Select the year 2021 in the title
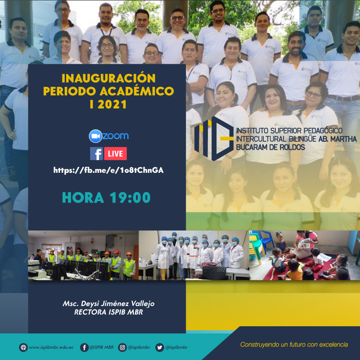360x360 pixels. pos(112,105)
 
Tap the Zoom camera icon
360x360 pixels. pos(95,136)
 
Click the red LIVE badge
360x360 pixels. pos(115,153)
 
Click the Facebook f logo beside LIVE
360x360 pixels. pos(96,153)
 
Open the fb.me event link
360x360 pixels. pos(108,171)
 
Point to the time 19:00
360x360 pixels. pos(130,198)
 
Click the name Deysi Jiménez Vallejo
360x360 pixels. pos(117,304)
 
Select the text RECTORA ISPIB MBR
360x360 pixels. pos(108,312)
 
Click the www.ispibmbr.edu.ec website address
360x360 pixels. pos(51,347)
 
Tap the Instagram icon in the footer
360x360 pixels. pos(122,347)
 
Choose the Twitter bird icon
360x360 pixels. pos(160,347)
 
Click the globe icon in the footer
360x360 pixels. pos(23,347)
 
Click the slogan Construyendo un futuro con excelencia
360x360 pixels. pos(294,344)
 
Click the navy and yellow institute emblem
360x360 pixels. pos(214,139)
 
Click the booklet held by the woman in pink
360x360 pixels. pos(304,244)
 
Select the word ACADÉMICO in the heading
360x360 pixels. pos(137,91)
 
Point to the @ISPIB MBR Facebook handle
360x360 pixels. pos(101,347)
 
